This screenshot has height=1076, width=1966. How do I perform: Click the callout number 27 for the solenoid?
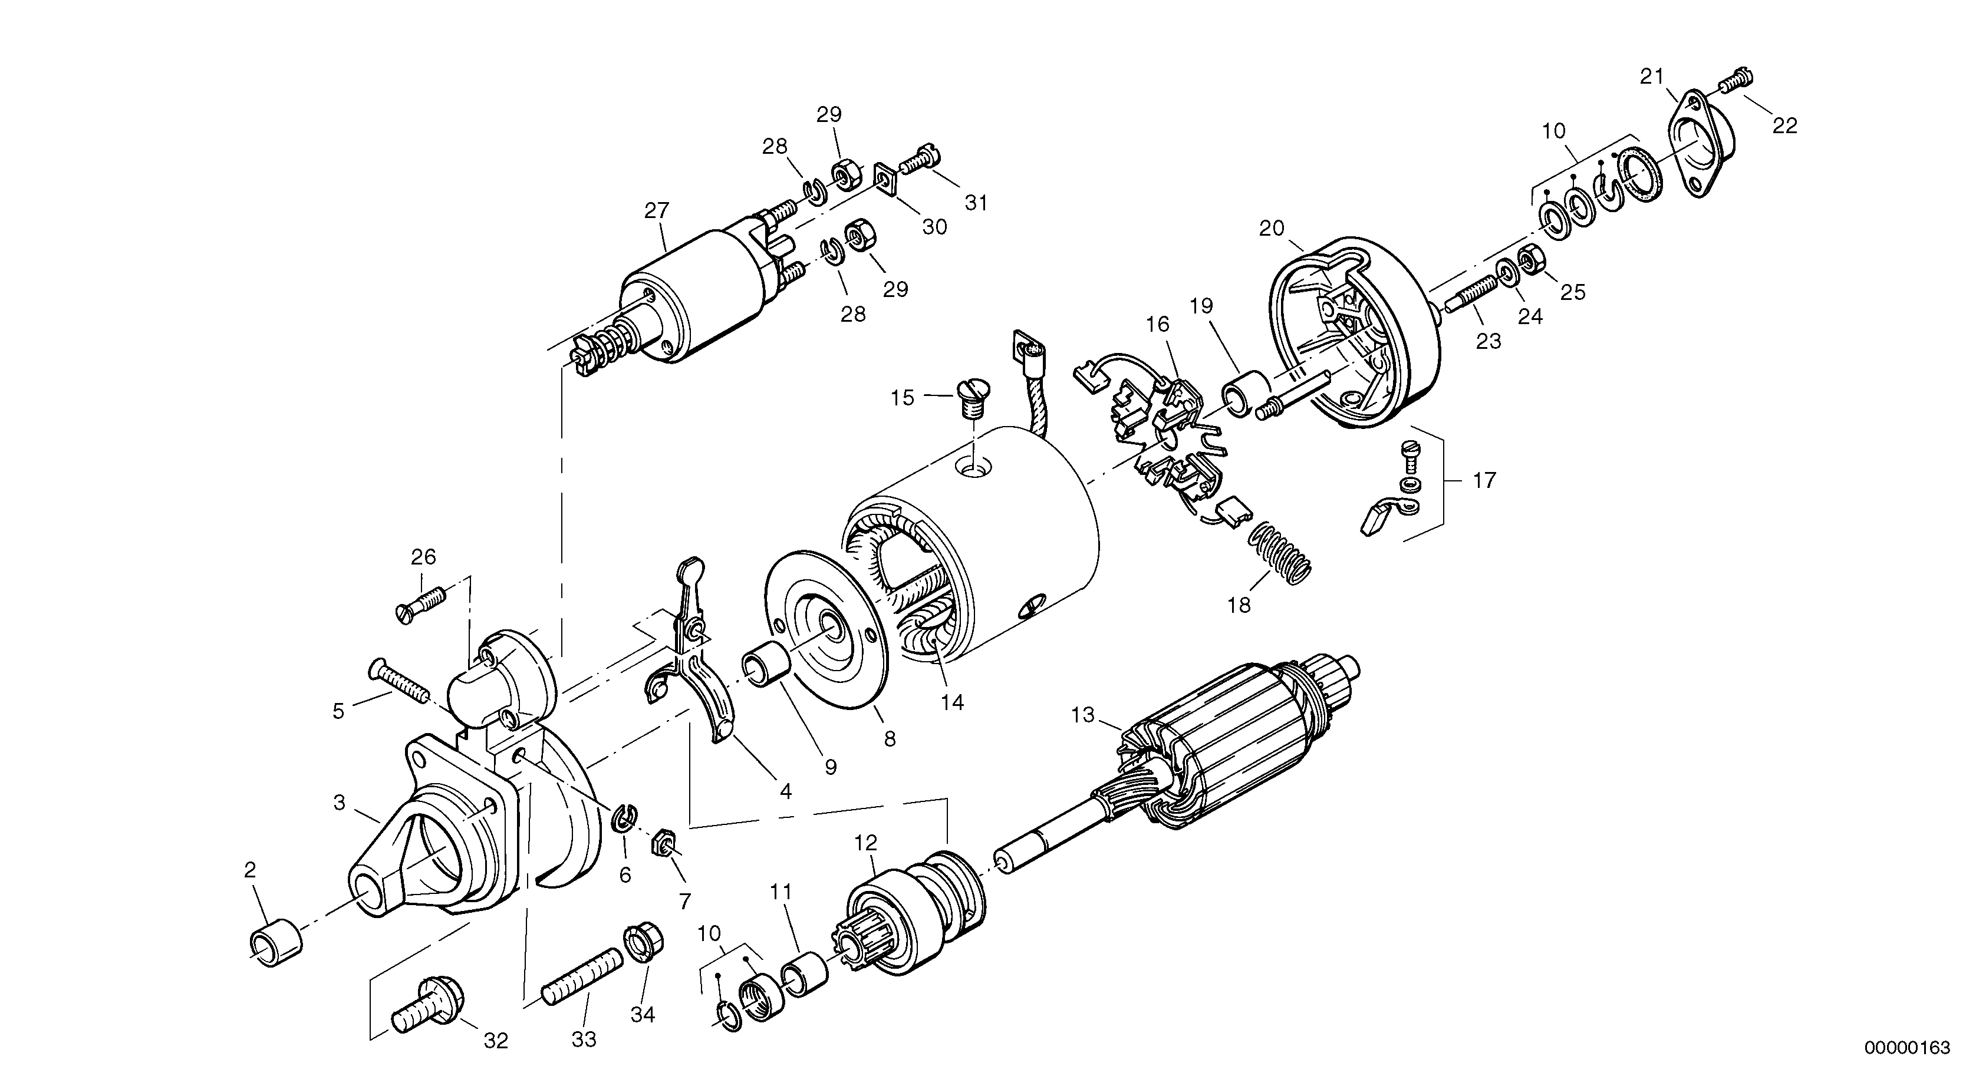coord(656,210)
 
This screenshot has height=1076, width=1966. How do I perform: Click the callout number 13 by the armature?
coord(1083,715)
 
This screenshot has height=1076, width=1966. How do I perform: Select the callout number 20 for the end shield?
coord(1272,228)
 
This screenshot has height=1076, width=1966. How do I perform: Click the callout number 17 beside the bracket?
coord(1484,481)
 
